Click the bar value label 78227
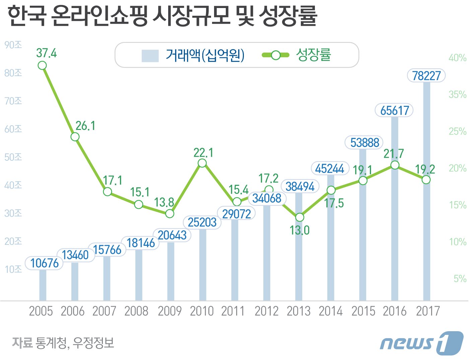tap(426, 76)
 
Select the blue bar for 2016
tap(395, 234)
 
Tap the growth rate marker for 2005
tap(42, 65)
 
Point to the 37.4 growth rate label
tap(47, 53)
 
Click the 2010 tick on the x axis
tap(202, 311)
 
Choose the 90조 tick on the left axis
tap(13, 45)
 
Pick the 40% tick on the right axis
tap(457, 58)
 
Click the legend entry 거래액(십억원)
tap(205, 55)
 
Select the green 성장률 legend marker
tap(275, 55)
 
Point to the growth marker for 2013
tap(299, 217)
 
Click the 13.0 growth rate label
tap(299, 230)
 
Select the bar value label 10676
tap(44, 263)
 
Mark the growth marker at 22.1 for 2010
tap(202, 163)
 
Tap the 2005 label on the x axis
tap(41, 311)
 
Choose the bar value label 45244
tap(330, 168)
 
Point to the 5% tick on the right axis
tap(460, 278)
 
